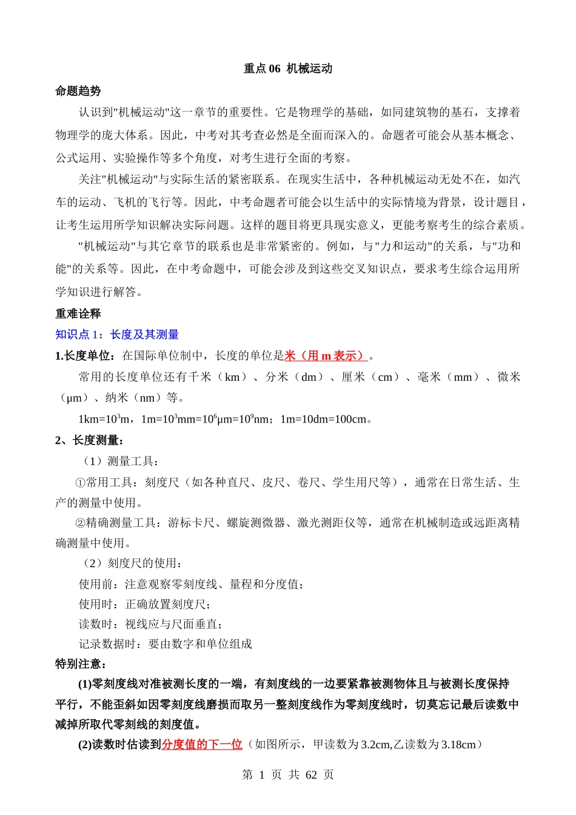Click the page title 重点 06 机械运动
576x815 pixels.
click(288, 69)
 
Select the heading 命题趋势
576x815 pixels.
click(78, 91)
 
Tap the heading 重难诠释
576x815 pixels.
click(78, 314)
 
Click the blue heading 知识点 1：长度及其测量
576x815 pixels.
click(117, 334)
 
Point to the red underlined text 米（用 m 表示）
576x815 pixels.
click(326, 356)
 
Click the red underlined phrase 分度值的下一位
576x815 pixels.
click(202, 745)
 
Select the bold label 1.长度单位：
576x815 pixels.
click(88, 356)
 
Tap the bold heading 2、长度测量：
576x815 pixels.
click(90, 440)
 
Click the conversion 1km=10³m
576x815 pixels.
click(104, 419)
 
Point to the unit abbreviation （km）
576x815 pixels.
click(232, 377)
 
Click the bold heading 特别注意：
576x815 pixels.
click(81, 664)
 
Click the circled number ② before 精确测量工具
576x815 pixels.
click(80, 523)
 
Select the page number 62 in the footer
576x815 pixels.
click(311, 775)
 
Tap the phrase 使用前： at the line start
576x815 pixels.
click(101, 584)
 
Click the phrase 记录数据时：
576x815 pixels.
click(113, 644)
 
